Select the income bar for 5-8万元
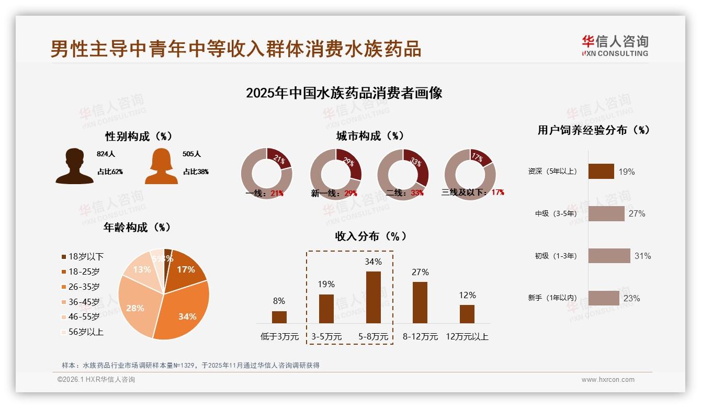pos(373,297)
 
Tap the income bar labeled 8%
pos(279,317)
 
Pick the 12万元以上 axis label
pos(467,337)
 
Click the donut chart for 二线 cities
pos(403,174)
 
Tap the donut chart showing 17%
pos(470,174)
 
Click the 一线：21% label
pos(265,193)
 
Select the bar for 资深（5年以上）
pos(601,172)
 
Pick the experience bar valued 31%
pos(609,256)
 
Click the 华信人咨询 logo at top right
pos(615,46)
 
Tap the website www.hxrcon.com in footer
pos(608,380)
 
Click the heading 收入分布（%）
pos(370,236)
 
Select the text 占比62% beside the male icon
pos(110,172)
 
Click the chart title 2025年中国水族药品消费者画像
pos(344,93)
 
